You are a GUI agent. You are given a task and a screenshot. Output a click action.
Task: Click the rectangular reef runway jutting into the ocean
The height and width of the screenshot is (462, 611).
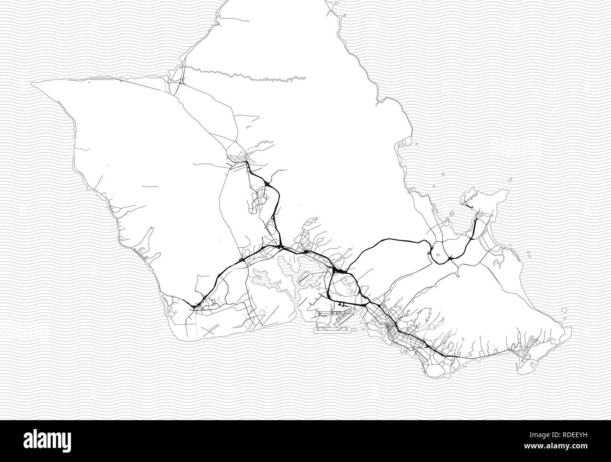329,330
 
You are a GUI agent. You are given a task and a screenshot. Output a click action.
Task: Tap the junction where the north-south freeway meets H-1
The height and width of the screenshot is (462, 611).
280,246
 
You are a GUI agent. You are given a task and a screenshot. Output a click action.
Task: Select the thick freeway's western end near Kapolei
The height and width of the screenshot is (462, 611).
194,307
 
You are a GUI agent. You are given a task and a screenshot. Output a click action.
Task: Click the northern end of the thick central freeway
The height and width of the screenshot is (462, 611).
245,163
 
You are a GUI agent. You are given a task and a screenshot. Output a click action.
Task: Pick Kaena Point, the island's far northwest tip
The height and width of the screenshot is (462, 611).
32,85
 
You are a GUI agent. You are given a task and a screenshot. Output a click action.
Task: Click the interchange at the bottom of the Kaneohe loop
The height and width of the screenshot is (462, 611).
450,258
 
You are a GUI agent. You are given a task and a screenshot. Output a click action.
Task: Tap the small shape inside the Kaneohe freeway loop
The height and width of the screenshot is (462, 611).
439,257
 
